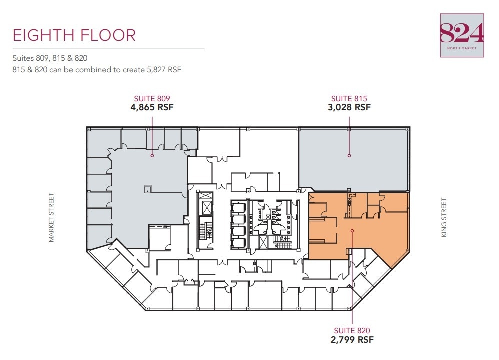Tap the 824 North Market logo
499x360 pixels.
462,35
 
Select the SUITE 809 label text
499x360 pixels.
152,99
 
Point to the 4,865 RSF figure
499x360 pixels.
152,107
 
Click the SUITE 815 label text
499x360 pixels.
349,99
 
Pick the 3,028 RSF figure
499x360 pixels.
349,107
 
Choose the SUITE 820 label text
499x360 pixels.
353,330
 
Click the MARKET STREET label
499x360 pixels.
51,218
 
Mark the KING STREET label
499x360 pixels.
444,218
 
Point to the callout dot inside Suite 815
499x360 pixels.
349,155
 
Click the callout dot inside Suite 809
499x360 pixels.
152,155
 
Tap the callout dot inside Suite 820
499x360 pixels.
353,231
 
